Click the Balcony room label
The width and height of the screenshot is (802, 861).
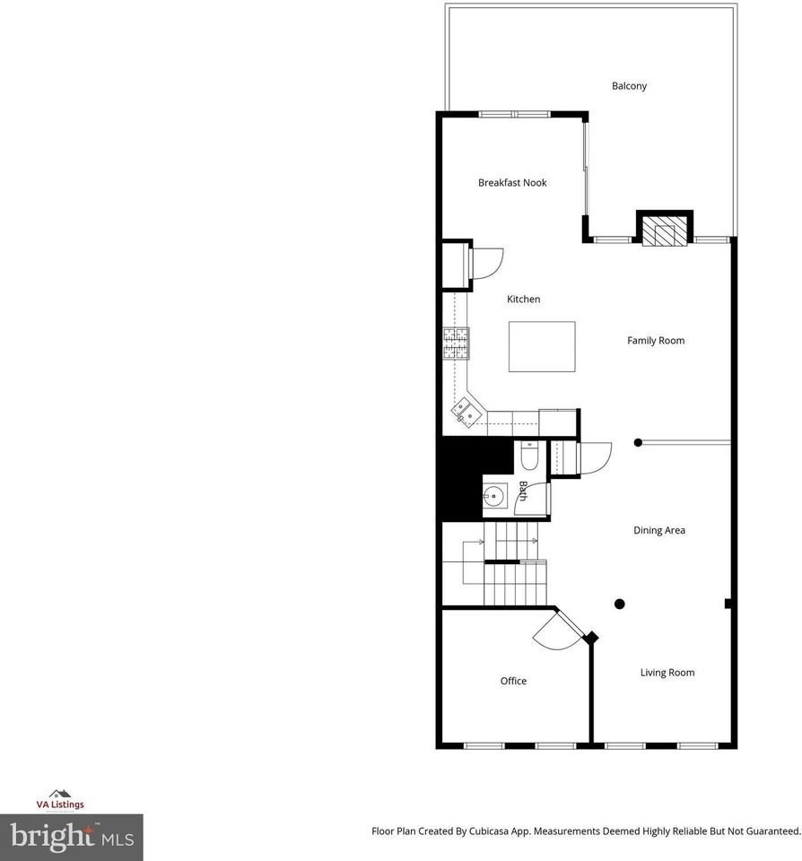point(629,86)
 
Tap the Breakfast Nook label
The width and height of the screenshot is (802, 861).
point(511,183)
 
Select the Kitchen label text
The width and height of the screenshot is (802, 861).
point(524,300)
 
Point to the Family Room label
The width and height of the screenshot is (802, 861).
point(655,341)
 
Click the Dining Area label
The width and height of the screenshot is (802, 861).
point(659,531)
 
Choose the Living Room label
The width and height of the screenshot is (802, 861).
point(667,673)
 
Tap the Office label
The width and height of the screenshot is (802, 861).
point(513,682)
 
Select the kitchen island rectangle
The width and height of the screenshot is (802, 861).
point(542,346)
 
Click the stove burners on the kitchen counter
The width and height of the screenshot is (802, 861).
point(456,344)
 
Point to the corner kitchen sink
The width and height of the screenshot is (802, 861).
point(466,413)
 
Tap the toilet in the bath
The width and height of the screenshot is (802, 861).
point(528,457)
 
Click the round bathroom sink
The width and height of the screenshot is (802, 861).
point(494,494)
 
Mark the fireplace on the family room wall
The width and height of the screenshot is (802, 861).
point(665,230)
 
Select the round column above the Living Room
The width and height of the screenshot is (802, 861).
point(620,604)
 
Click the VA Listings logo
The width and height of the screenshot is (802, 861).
point(60,800)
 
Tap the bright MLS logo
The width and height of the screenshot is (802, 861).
point(71,838)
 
